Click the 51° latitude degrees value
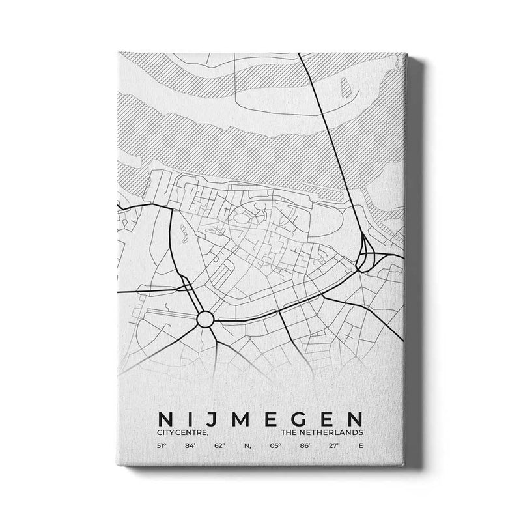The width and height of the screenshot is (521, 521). tap(160, 446)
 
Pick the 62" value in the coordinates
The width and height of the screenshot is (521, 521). tap(219, 446)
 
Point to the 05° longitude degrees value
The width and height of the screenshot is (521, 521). tap(274, 446)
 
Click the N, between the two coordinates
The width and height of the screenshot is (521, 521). tap(247, 446)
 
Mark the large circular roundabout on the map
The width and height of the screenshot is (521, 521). tap(205, 319)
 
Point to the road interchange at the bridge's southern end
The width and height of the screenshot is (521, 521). tap(365, 255)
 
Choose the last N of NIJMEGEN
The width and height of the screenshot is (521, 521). tap(357, 416)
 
